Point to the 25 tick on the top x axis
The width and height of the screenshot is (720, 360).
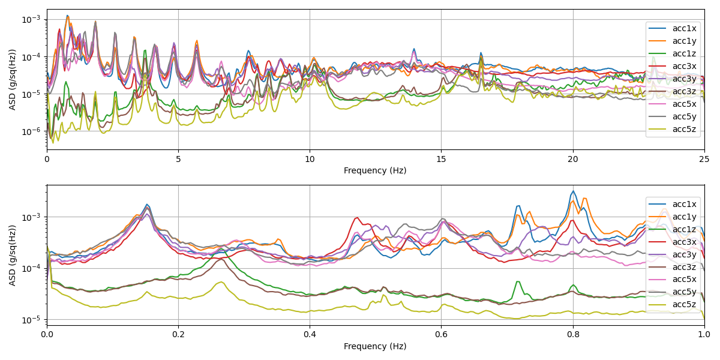[x=704, y=159]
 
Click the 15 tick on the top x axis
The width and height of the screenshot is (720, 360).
[x=442, y=159]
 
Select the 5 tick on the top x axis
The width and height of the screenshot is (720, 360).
[x=178, y=159]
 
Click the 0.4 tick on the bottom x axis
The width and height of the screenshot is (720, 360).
[x=310, y=335]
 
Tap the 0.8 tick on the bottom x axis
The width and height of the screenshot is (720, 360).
[x=573, y=335]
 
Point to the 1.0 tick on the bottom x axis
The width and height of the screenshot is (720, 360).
[x=704, y=335]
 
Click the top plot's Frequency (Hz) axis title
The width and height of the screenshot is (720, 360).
[x=375, y=170]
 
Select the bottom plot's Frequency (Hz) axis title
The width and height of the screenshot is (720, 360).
[x=375, y=346]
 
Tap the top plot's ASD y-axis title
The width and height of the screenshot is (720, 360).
[x=13, y=79]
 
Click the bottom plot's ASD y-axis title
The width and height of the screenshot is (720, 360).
[x=13, y=255]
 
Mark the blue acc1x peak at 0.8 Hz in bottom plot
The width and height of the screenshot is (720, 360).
[x=573, y=191]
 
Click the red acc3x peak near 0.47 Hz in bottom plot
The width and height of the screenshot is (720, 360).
[x=357, y=218]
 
